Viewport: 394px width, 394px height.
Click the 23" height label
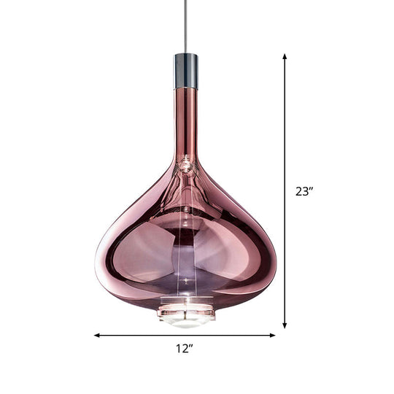[x=304, y=192]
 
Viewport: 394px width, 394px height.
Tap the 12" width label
[x=185, y=349]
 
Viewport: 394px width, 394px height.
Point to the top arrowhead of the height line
[x=285, y=55]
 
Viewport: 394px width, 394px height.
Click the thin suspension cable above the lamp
[x=186, y=26]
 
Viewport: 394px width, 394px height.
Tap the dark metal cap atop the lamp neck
[x=186, y=70]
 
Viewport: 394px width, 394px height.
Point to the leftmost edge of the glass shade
[x=96, y=260]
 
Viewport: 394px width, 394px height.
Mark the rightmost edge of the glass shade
[x=276, y=260]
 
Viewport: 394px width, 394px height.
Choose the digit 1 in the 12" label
[x=178, y=349]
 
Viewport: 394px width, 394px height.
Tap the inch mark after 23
[x=312, y=189]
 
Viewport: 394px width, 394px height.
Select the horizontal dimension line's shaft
[x=146, y=336]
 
